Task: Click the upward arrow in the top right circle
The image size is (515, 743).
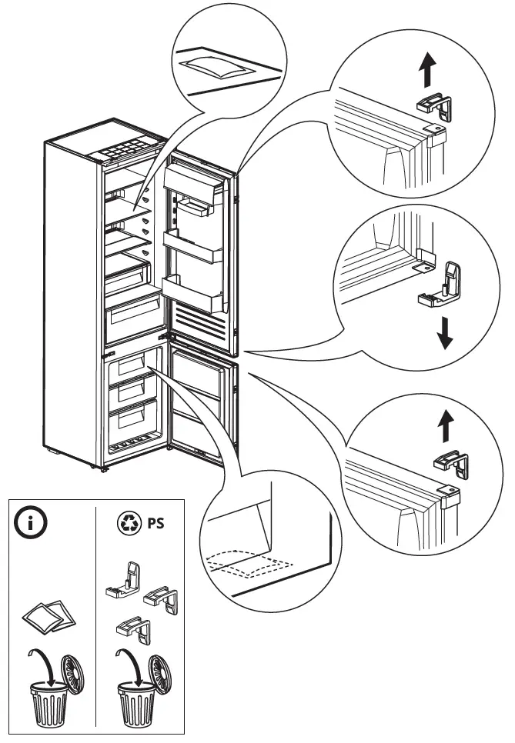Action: tap(424, 73)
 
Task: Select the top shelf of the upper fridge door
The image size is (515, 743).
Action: tap(196, 178)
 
